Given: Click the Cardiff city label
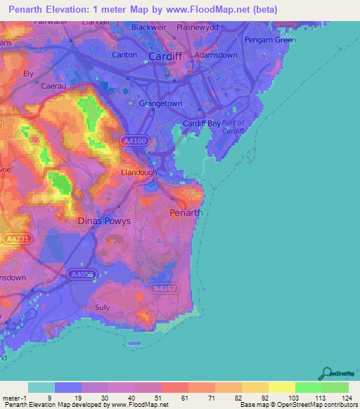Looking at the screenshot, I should tap(166, 56).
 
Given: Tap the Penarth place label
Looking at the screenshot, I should tap(186, 212).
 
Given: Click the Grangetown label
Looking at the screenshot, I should tap(161, 103).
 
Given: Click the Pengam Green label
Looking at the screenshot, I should tap(270, 40).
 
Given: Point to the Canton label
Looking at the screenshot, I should tap(124, 54).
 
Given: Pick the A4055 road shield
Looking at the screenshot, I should tap(81, 275).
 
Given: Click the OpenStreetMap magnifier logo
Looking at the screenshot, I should tap(326, 372).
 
